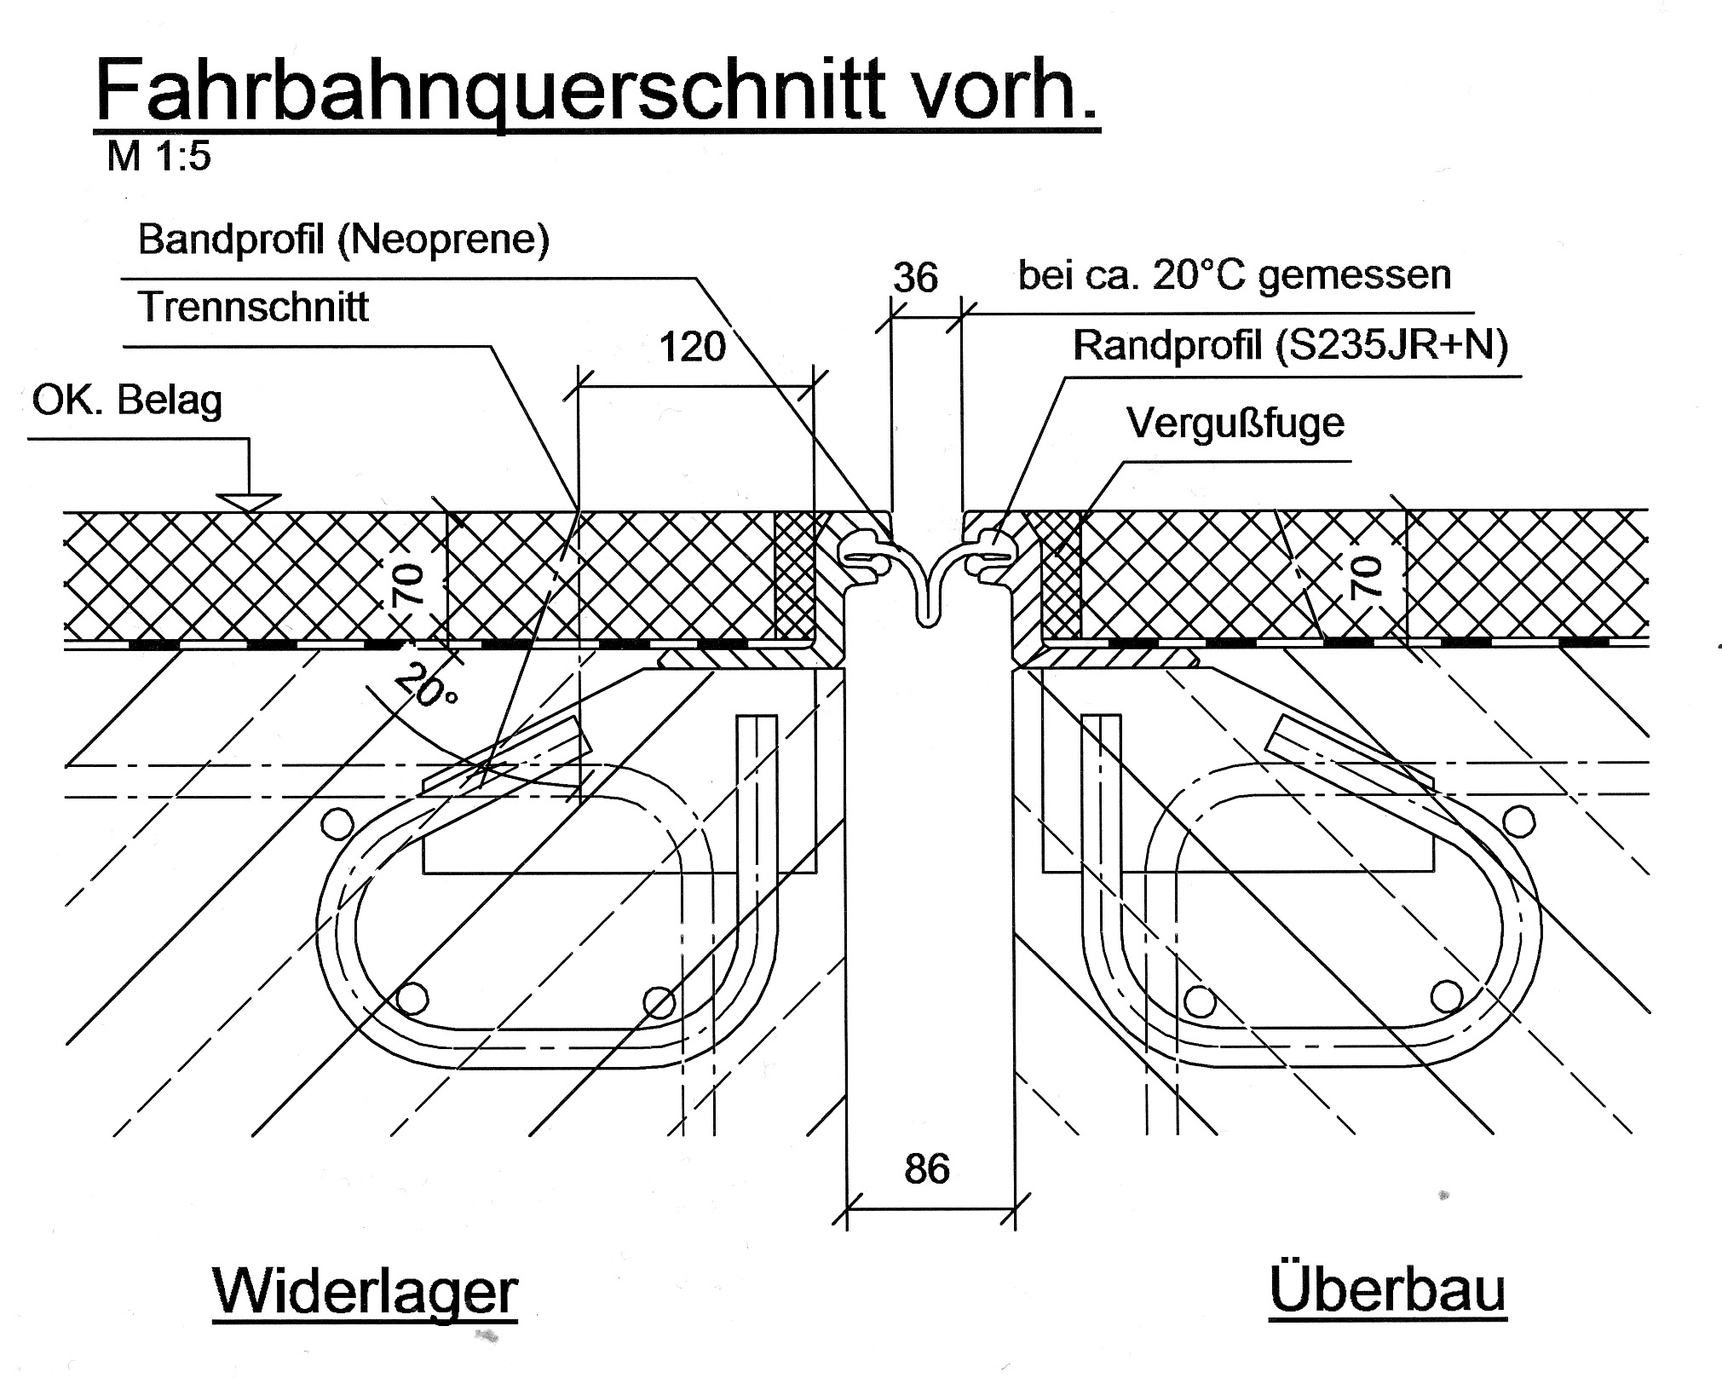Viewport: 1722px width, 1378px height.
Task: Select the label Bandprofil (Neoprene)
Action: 343,239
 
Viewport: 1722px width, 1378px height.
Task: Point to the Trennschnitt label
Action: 253,307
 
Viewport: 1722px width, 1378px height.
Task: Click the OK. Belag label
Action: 127,400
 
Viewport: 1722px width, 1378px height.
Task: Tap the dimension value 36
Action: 915,278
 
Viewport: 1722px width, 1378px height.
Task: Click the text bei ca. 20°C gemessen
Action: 1234,275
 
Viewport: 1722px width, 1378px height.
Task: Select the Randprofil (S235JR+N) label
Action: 1290,346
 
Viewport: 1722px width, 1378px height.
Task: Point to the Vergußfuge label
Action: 1235,423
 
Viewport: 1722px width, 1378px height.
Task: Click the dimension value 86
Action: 927,1169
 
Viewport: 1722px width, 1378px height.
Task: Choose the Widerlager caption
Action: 365,1292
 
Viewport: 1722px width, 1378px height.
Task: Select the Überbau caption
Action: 1387,1290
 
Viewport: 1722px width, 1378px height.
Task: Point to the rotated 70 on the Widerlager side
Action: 409,584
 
